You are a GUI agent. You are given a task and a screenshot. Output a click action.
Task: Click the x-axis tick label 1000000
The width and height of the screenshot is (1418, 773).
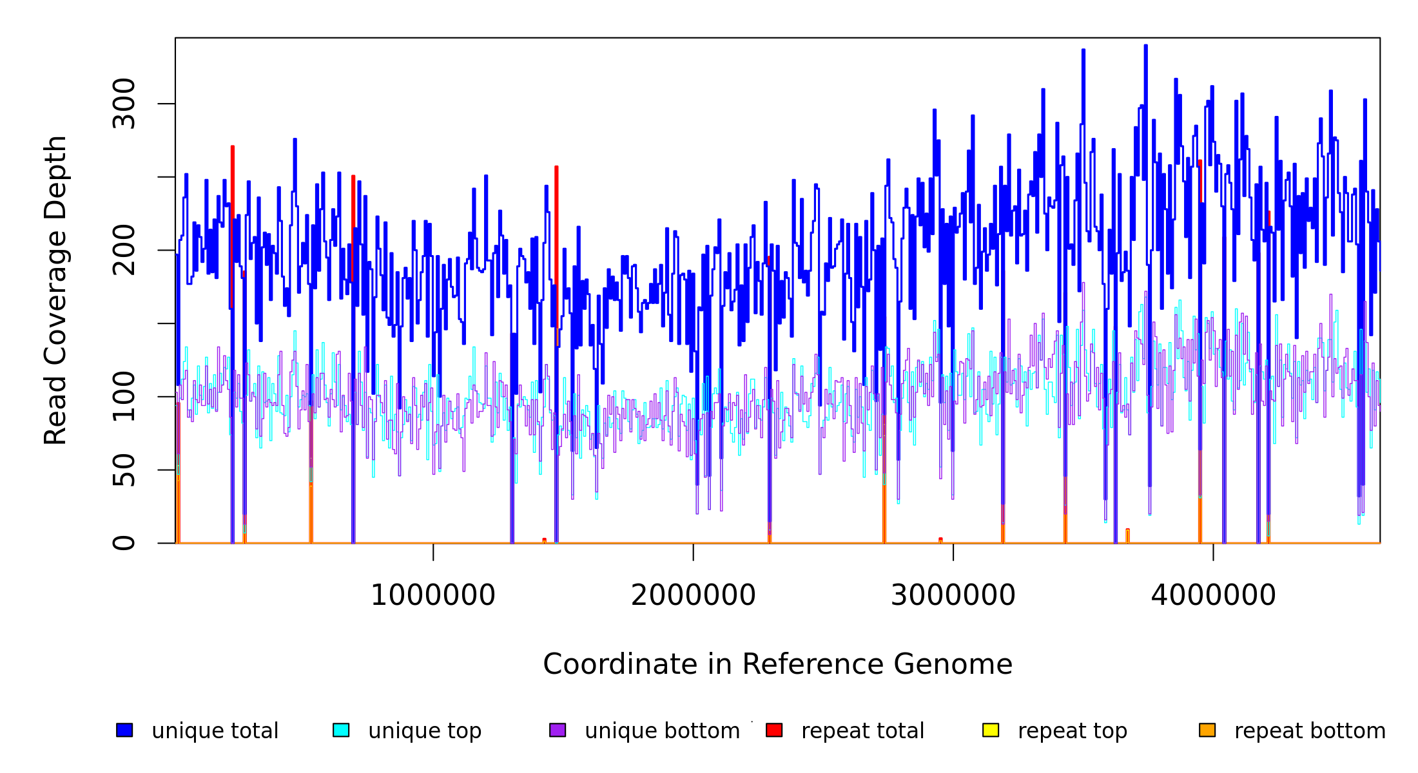coord(432,595)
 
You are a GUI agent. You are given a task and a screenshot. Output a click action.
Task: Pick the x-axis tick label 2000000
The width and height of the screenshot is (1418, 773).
coord(693,595)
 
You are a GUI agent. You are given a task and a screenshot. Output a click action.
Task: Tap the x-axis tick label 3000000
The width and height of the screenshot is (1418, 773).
coord(953,595)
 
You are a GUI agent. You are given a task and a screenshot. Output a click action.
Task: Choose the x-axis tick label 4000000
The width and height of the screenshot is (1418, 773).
coord(1213,595)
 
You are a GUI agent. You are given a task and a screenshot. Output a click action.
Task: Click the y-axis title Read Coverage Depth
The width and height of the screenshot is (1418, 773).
coord(55,290)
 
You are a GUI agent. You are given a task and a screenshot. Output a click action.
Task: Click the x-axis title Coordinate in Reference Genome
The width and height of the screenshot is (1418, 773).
coord(777,664)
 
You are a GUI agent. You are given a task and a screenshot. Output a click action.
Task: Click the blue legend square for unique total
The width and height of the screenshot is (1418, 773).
coord(124,730)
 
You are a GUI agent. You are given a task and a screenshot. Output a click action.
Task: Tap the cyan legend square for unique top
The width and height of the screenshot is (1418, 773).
coord(341,730)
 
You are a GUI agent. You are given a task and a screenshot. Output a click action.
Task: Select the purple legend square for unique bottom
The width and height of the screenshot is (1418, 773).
coord(558,730)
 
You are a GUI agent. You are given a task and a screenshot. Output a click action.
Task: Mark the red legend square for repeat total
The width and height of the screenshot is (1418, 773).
coord(774,730)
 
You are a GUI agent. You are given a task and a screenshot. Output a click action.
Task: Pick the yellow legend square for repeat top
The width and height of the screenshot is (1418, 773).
coord(991,730)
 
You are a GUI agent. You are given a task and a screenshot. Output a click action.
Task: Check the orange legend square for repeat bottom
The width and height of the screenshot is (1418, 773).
coord(1207,730)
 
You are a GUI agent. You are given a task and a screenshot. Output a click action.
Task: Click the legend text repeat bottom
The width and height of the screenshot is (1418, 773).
coord(1310,731)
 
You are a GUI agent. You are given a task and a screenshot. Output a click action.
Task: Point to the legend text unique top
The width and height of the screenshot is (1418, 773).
coord(425,731)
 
